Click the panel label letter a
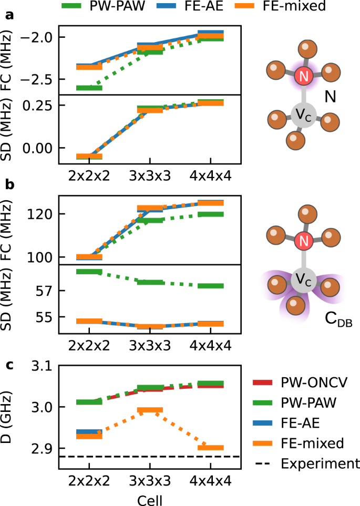pos(9,16)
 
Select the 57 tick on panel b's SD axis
pos(46,291)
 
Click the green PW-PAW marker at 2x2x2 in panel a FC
pos(89,88)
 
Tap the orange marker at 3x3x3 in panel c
pos(150,410)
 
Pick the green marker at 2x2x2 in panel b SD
pos(89,272)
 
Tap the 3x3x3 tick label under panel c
pos(149,480)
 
